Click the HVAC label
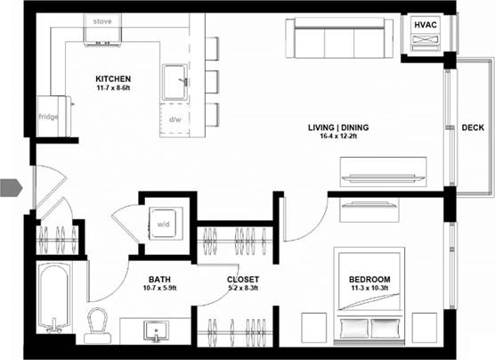(x=426, y=25)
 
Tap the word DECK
(x=473, y=127)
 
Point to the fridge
(x=48, y=116)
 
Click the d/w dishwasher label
(x=174, y=117)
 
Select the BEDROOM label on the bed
(x=369, y=280)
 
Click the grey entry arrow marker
(x=10, y=187)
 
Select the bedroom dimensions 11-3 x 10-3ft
(x=369, y=290)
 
